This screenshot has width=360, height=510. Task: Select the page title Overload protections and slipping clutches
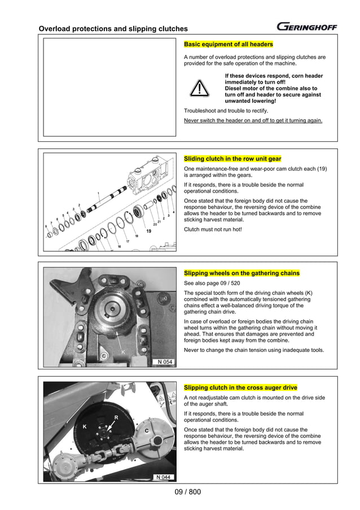click(113, 29)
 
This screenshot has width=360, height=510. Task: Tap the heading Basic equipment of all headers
click(229, 44)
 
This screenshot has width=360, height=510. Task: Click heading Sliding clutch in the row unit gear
click(232, 159)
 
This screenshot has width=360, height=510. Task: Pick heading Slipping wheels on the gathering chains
click(242, 273)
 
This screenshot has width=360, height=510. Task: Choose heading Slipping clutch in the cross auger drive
click(240, 387)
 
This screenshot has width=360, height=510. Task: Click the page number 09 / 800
click(188, 492)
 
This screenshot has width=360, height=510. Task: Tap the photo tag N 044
click(163, 477)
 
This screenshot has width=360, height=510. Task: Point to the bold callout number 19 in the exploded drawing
click(148, 232)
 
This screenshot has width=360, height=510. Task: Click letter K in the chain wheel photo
click(122, 352)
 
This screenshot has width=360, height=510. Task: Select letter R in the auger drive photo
click(116, 418)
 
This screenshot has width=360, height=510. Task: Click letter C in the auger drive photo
click(146, 431)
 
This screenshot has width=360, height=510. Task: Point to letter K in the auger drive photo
click(85, 427)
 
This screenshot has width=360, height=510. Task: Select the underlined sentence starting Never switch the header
click(253, 120)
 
